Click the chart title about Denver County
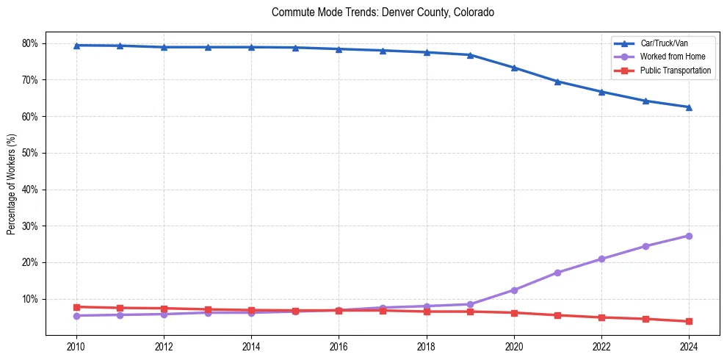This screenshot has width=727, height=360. (x=383, y=12)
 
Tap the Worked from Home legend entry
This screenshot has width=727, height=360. (x=669, y=57)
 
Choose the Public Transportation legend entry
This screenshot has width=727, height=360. (x=675, y=71)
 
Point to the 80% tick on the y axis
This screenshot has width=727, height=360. (x=31, y=43)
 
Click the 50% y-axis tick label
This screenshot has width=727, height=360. (x=31, y=153)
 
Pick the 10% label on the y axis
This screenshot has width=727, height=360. (x=31, y=299)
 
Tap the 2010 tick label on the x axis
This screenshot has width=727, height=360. (x=76, y=345)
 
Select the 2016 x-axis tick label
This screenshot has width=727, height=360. (x=339, y=345)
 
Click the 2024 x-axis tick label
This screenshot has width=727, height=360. (x=689, y=345)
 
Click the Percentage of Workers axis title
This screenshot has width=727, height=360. (x=12, y=184)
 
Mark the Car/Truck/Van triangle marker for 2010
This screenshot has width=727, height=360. (x=76, y=46)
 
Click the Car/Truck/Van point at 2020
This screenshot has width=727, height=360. (x=514, y=68)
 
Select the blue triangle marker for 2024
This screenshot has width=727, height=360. (x=689, y=107)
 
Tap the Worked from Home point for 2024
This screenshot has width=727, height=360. (x=689, y=236)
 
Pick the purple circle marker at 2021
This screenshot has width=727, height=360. (x=557, y=273)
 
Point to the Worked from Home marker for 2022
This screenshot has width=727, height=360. (x=601, y=259)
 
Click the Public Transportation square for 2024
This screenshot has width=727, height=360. (x=689, y=321)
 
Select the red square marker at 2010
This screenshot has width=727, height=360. (x=76, y=306)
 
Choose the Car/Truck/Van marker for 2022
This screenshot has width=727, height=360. (x=601, y=92)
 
